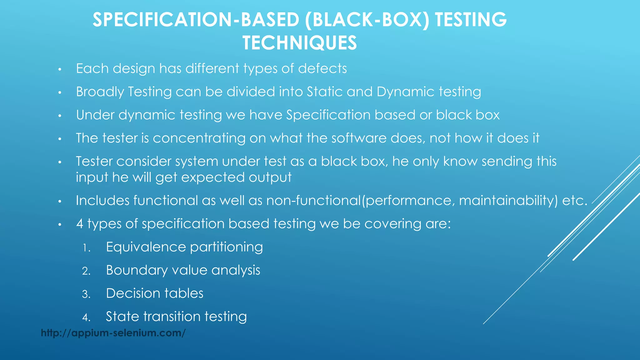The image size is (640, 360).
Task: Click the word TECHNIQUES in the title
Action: coord(299,43)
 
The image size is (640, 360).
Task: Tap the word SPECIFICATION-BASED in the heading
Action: coord(196,20)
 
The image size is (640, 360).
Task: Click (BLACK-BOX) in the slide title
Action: coord(367,20)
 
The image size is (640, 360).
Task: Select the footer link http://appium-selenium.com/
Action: coord(113,333)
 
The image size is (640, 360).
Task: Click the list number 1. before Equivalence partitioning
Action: coord(86,248)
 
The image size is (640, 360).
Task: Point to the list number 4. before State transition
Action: coord(86,318)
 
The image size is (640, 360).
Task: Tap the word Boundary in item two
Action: coord(137,270)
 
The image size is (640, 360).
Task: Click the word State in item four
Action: coord(122,317)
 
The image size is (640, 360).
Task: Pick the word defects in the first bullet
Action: coord(322,68)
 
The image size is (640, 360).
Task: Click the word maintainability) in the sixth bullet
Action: coord(508,201)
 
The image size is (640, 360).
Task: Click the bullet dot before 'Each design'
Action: coord(60,69)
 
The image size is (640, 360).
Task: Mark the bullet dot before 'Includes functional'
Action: coord(60,202)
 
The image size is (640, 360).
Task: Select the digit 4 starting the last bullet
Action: coord(80,224)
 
